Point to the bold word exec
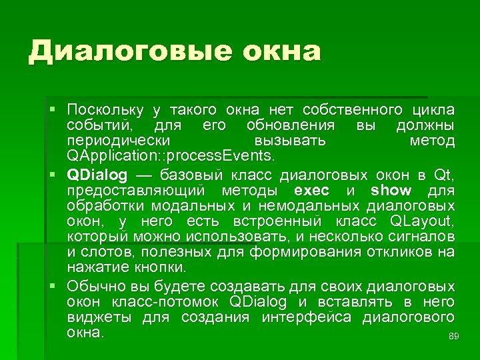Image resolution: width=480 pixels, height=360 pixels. coord(311,191)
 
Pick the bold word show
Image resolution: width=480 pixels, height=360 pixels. coord(391,191)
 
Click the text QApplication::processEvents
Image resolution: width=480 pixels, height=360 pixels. coord(170,156)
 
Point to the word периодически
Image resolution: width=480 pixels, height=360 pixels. coord(118,141)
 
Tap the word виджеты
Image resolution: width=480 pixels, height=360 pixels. coord(99,317)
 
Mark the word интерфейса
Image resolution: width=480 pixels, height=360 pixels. coord(306,317)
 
